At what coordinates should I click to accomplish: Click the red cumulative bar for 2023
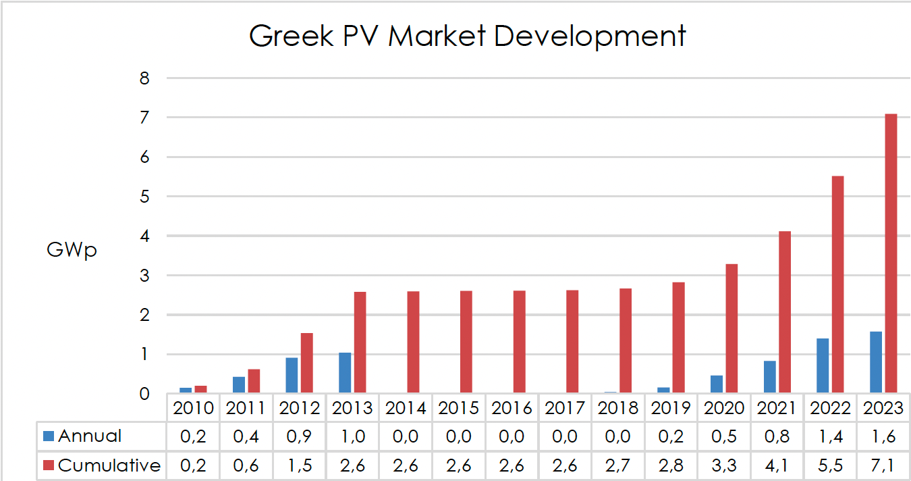(891, 253)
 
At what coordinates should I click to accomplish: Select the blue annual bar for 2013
(345, 372)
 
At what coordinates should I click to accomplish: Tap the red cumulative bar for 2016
(519, 341)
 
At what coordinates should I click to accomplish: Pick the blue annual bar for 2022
(823, 365)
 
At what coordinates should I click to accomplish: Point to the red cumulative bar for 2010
(200, 389)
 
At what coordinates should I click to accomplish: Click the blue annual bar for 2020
(717, 384)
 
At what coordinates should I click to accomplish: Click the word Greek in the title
(291, 36)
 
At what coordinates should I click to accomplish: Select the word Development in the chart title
(590, 36)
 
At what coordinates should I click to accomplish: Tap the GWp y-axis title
(72, 251)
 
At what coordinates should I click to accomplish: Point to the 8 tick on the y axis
(144, 78)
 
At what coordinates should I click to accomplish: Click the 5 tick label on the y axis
(144, 197)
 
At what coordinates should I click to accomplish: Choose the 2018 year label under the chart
(617, 408)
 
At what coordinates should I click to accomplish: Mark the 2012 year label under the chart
(299, 408)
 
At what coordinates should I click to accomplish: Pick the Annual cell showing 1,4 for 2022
(830, 436)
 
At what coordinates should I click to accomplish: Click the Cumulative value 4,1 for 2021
(777, 465)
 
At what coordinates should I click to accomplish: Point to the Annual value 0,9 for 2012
(299, 436)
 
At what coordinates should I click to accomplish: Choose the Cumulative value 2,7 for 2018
(617, 465)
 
